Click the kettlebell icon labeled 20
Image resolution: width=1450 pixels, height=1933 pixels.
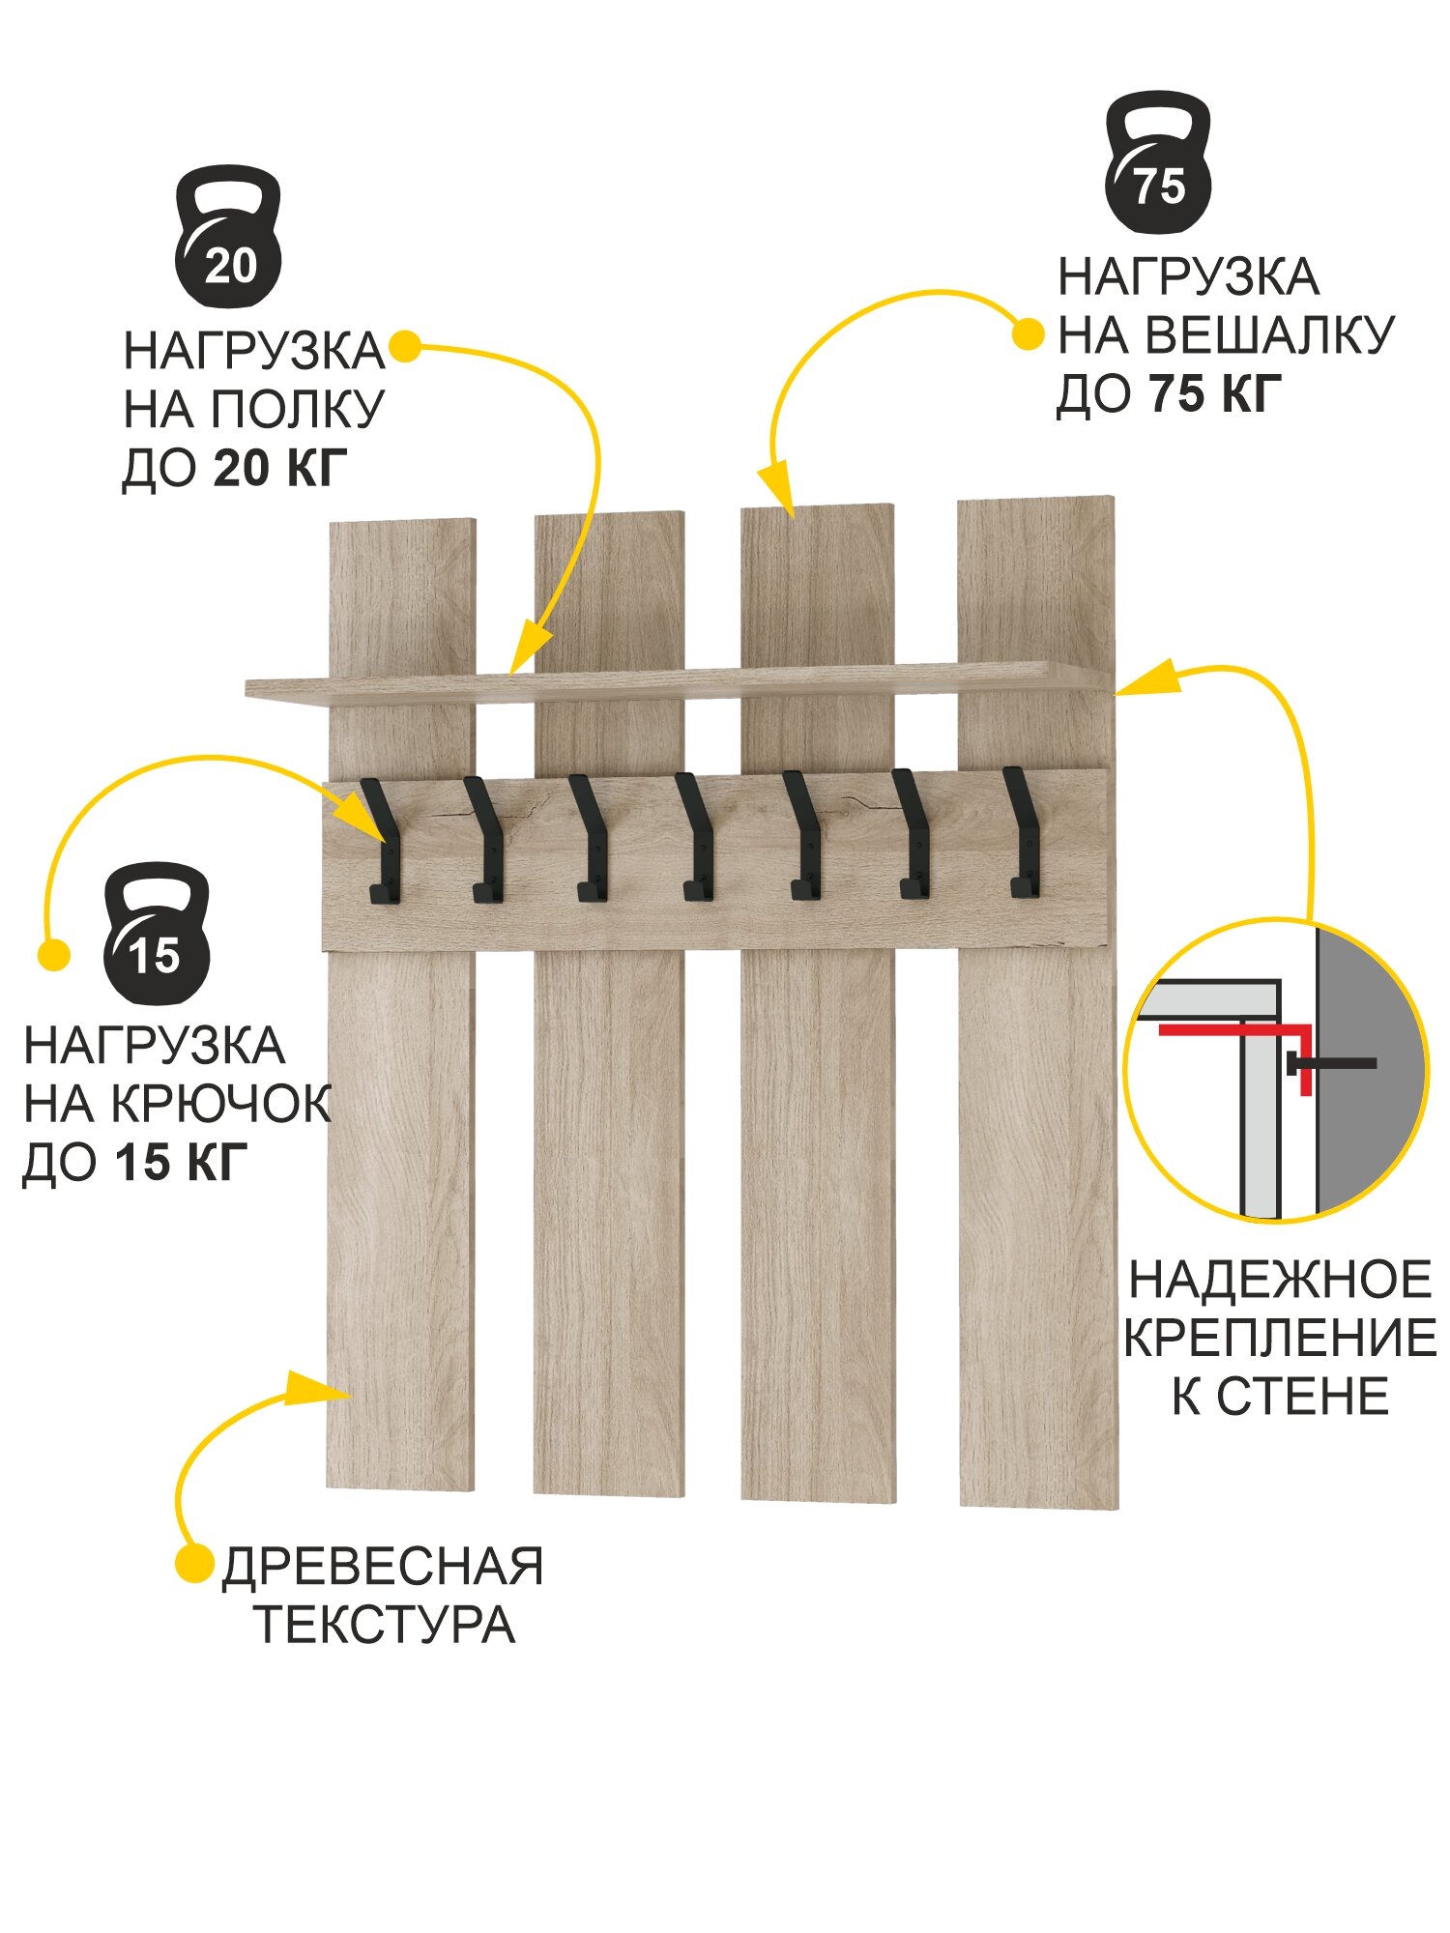click(x=228, y=238)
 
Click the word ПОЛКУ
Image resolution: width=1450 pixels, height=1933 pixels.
click(x=297, y=410)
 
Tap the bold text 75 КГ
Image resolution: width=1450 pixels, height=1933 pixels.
click(x=1216, y=393)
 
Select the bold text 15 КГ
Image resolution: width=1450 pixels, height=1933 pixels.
click(x=181, y=1162)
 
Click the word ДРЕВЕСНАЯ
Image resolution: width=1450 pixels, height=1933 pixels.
click(x=383, y=1567)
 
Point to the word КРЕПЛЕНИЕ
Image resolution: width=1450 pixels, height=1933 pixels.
click(x=1280, y=1339)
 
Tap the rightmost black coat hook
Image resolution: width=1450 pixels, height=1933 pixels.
click(x=1023, y=833)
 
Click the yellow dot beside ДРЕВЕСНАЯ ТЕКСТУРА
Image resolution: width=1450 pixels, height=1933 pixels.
click(x=194, y=1563)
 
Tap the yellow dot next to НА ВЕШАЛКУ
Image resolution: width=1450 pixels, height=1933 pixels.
click(x=1028, y=335)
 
